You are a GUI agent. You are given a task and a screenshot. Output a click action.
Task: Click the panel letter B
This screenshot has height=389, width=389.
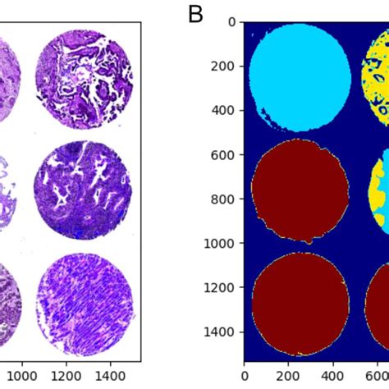pos(195,14)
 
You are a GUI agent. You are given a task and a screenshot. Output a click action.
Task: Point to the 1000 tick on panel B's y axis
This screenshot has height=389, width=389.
pos(222,243)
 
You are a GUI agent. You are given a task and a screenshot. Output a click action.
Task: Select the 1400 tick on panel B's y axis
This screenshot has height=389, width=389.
pos(222,332)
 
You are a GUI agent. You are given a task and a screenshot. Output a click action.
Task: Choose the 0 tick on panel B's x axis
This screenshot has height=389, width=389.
pos(245,372)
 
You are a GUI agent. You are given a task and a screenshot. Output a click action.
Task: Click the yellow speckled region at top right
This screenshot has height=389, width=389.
pos(376,78)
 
